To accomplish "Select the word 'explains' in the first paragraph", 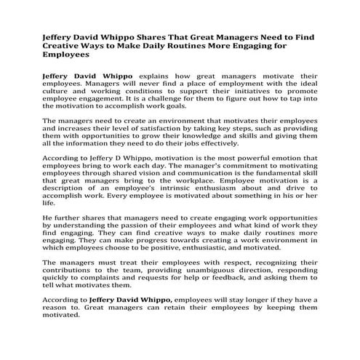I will point(159,76).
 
